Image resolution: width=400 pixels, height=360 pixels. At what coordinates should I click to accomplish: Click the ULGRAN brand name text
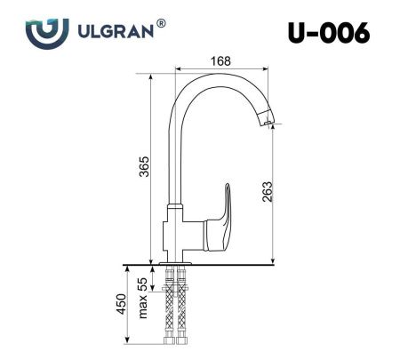tap(116, 32)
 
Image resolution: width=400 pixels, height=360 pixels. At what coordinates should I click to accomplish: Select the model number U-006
tap(329, 33)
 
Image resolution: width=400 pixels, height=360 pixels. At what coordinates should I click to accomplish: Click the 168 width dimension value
tap(221, 60)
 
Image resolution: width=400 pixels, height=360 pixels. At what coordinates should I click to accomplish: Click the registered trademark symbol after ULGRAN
tap(161, 26)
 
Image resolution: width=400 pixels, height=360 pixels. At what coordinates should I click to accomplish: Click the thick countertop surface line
tap(204, 263)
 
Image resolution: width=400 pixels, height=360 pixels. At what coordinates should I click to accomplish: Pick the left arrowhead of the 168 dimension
tap(177, 68)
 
